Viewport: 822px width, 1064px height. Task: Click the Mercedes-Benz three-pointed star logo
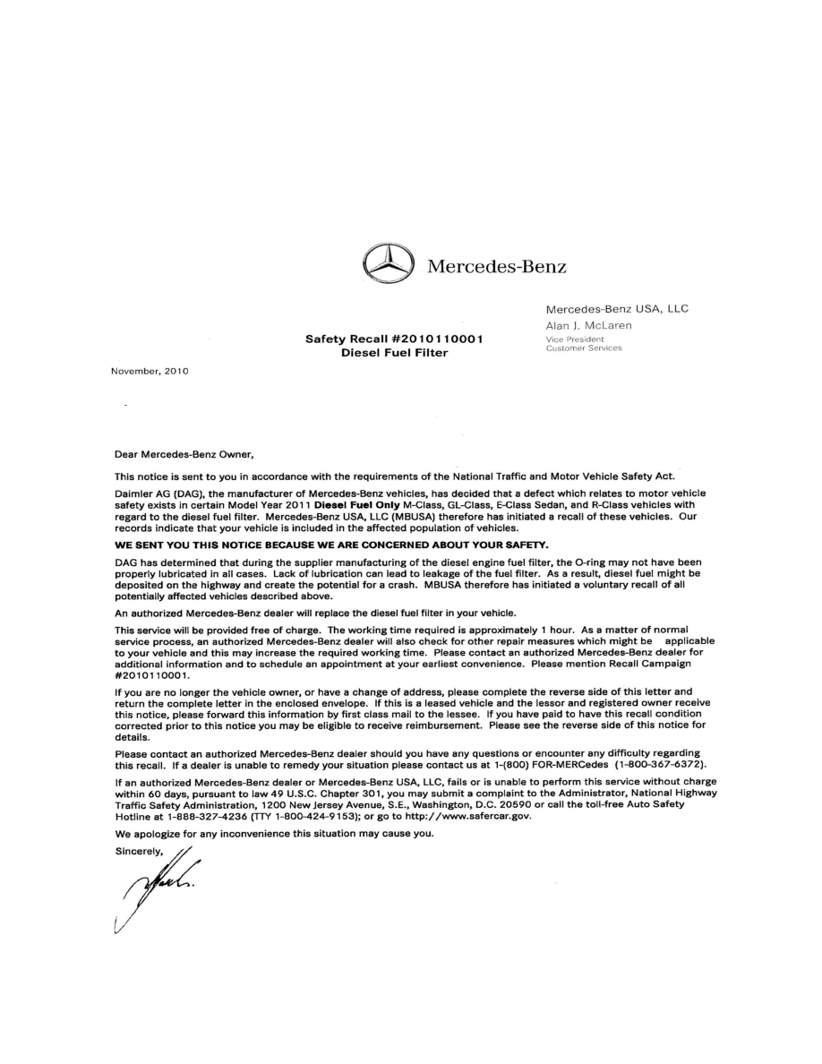pos(388,265)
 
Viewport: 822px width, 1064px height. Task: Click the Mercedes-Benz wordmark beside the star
pos(497,266)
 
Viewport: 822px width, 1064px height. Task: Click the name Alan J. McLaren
pos(588,325)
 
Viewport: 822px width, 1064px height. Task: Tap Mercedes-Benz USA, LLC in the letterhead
pos(617,309)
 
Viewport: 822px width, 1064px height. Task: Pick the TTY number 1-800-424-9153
pos(304,816)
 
